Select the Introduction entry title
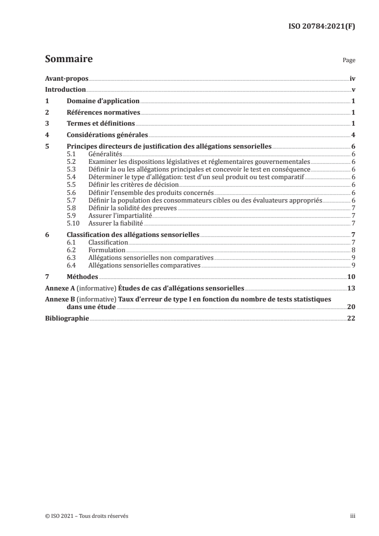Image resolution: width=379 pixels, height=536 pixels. [x=65, y=90]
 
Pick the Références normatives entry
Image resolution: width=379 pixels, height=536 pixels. [x=103, y=113]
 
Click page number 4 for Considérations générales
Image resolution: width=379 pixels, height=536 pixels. [x=352, y=135]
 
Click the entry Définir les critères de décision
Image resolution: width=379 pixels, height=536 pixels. [x=133, y=184]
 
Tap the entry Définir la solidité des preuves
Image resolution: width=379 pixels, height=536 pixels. [x=132, y=207]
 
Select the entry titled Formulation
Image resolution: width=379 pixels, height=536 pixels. [x=107, y=250]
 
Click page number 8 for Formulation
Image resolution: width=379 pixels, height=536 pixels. [x=352, y=250]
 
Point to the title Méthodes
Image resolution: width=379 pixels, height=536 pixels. [x=82, y=277]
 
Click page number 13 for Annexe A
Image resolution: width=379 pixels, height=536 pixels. [x=350, y=289]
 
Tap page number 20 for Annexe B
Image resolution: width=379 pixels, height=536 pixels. [x=350, y=307]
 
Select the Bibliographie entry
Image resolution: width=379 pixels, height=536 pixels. [x=66, y=319]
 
